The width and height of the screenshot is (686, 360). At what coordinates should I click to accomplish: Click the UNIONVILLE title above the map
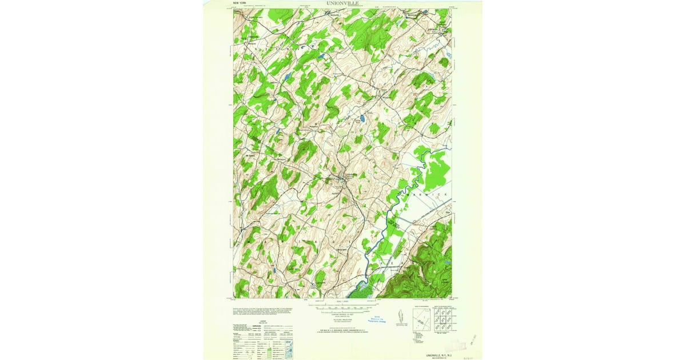343,3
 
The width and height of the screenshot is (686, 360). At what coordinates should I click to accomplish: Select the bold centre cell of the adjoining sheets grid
442,322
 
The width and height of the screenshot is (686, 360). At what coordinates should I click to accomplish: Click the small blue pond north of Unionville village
362,119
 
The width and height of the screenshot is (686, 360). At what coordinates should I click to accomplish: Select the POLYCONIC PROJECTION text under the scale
343,321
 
